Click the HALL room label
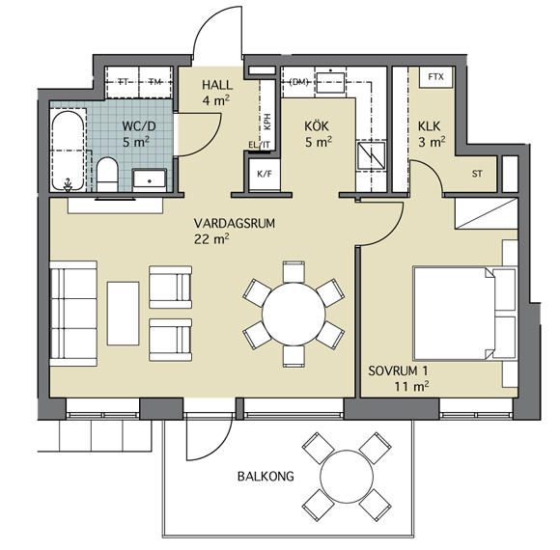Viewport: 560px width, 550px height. point(217,85)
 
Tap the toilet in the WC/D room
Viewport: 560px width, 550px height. point(107,175)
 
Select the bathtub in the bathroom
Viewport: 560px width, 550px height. point(68,151)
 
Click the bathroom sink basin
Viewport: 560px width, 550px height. point(150,179)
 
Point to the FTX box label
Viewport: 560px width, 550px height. point(435,77)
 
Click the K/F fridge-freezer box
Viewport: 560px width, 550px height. point(265,175)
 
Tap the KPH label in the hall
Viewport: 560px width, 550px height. point(267,122)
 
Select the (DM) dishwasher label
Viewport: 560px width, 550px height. point(298,82)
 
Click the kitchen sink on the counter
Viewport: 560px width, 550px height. point(330,82)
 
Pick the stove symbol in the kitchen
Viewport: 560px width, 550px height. point(372,155)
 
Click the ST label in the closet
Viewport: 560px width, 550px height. point(477,174)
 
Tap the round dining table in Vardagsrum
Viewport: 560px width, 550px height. point(294,315)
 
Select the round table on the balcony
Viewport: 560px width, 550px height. point(347,476)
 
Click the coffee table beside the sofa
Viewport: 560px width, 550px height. point(123,314)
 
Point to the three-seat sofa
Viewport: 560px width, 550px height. point(73,314)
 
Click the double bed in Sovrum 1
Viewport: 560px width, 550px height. point(465,313)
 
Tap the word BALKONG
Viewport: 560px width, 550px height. point(266,476)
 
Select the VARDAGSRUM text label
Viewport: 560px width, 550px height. point(235,224)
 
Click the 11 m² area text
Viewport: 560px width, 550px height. point(411,386)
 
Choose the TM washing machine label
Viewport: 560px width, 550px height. point(155,82)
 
